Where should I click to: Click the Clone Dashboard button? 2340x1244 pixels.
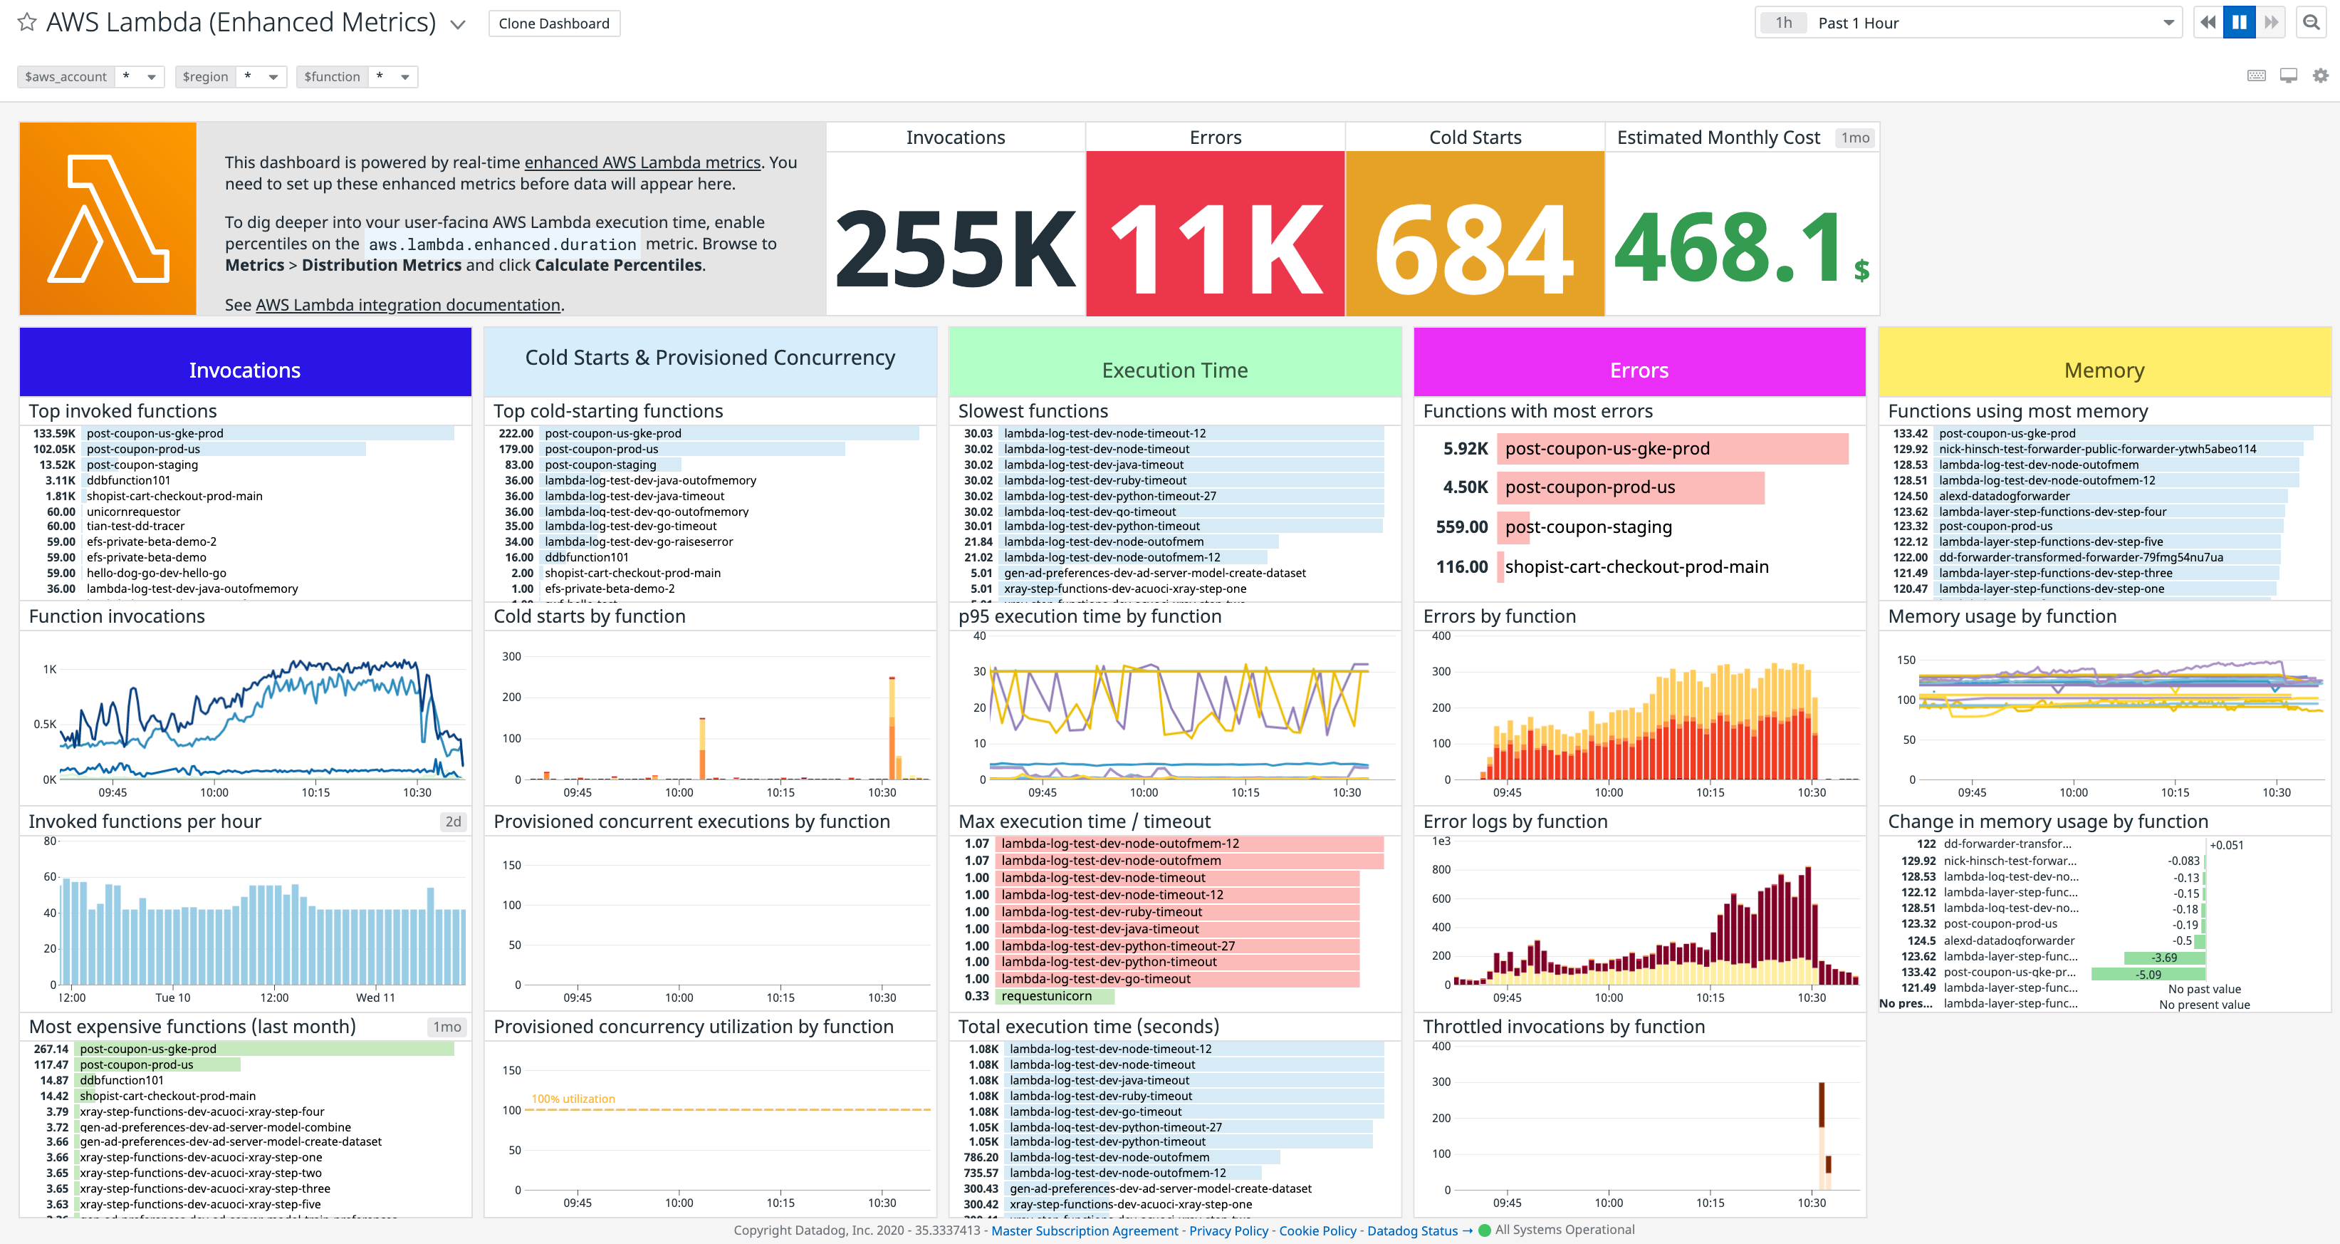[x=553, y=24]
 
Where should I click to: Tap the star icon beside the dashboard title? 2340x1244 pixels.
[x=27, y=22]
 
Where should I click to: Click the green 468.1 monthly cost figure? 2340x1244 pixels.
[x=1730, y=247]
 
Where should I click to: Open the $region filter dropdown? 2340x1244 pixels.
[x=273, y=77]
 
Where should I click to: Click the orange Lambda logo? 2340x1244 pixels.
[x=108, y=219]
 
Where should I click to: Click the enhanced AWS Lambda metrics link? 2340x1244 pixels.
[x=642, y=162]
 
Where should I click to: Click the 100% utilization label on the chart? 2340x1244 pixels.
[x=573, y=1099]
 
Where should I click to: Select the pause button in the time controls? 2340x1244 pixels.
[x=2239, y=23]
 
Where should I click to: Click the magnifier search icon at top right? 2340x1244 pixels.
[x=2311, y=23]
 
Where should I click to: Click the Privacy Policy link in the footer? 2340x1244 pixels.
[x=1228, y=1230]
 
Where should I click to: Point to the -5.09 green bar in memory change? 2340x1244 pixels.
[x=2148, y=974]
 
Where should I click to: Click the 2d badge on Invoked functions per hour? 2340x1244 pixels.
[x=452, y=821]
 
